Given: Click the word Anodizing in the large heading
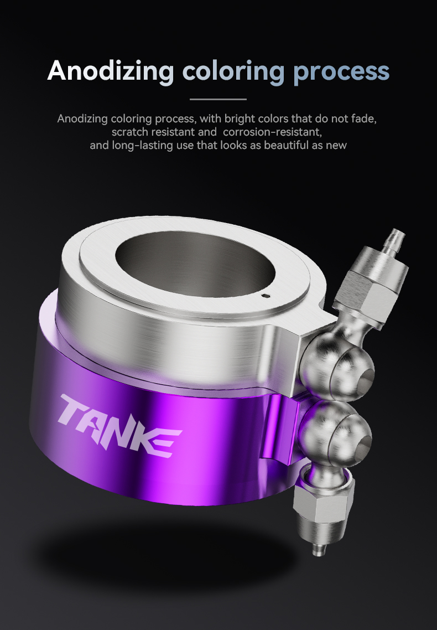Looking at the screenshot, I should click(x=111, y=71).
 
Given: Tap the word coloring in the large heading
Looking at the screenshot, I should click(x=233, y=71).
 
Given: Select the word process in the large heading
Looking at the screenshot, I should click(x=341, y=71).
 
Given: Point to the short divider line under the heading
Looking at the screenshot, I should click(x=218, y=99).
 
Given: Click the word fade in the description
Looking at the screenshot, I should click(x=367, y=119).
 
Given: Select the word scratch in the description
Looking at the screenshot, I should click(x=130, y=132).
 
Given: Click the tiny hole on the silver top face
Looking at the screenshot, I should click(x=267, y=296).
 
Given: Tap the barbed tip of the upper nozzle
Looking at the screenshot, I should click(x=396, y=239).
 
